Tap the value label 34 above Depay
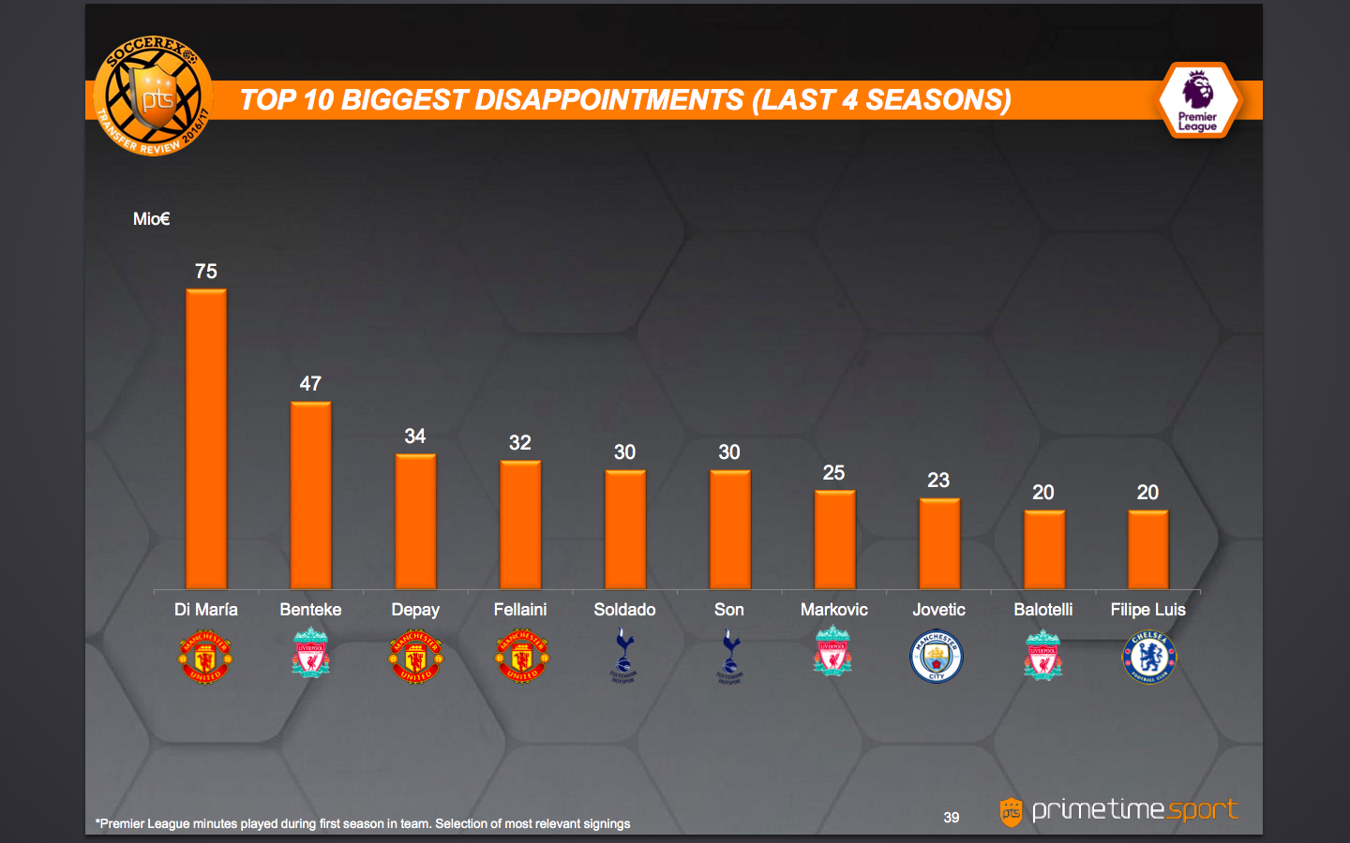415,436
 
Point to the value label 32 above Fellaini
520,443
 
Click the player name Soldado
624,610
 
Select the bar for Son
729,529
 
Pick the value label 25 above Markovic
833,473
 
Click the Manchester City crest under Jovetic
937,657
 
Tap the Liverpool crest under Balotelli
1042,655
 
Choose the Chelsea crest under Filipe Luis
1148,657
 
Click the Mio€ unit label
151,219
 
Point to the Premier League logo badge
1198,100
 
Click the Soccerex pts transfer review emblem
153,96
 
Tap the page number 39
951,818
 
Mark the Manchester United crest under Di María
205,657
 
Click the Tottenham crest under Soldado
624,656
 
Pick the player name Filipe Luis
1147,610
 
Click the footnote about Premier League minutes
363,824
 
